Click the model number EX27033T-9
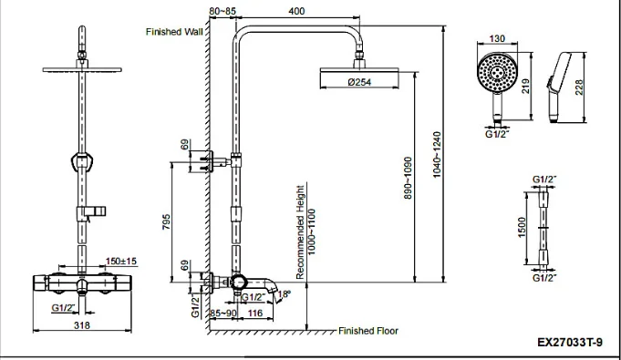570,342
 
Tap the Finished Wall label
174,32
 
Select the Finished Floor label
368,331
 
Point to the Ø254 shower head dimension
359,82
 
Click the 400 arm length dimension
296,11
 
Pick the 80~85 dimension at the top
223,11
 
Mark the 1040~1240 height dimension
437,155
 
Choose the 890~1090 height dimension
408,179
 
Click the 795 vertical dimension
166,222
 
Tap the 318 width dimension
82,325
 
